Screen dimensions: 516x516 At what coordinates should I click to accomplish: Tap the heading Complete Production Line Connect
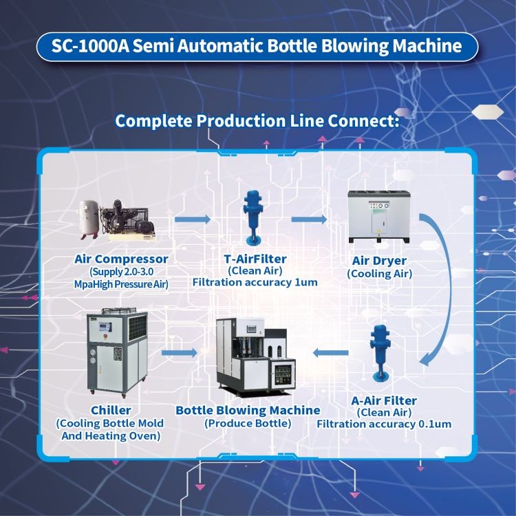click(257, 121)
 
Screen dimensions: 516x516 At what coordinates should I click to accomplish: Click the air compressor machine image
click(120, 221)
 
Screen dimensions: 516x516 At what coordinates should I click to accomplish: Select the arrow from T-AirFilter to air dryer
click(309, 220)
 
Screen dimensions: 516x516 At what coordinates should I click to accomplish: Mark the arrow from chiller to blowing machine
click(180, 353)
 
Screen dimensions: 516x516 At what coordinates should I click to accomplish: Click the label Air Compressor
click(121, 259)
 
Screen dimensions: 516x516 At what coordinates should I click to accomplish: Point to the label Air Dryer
click(379, 261)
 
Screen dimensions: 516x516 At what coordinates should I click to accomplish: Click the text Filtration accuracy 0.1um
click(384, 424)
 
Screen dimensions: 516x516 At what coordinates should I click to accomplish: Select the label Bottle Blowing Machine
click(248, 410)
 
